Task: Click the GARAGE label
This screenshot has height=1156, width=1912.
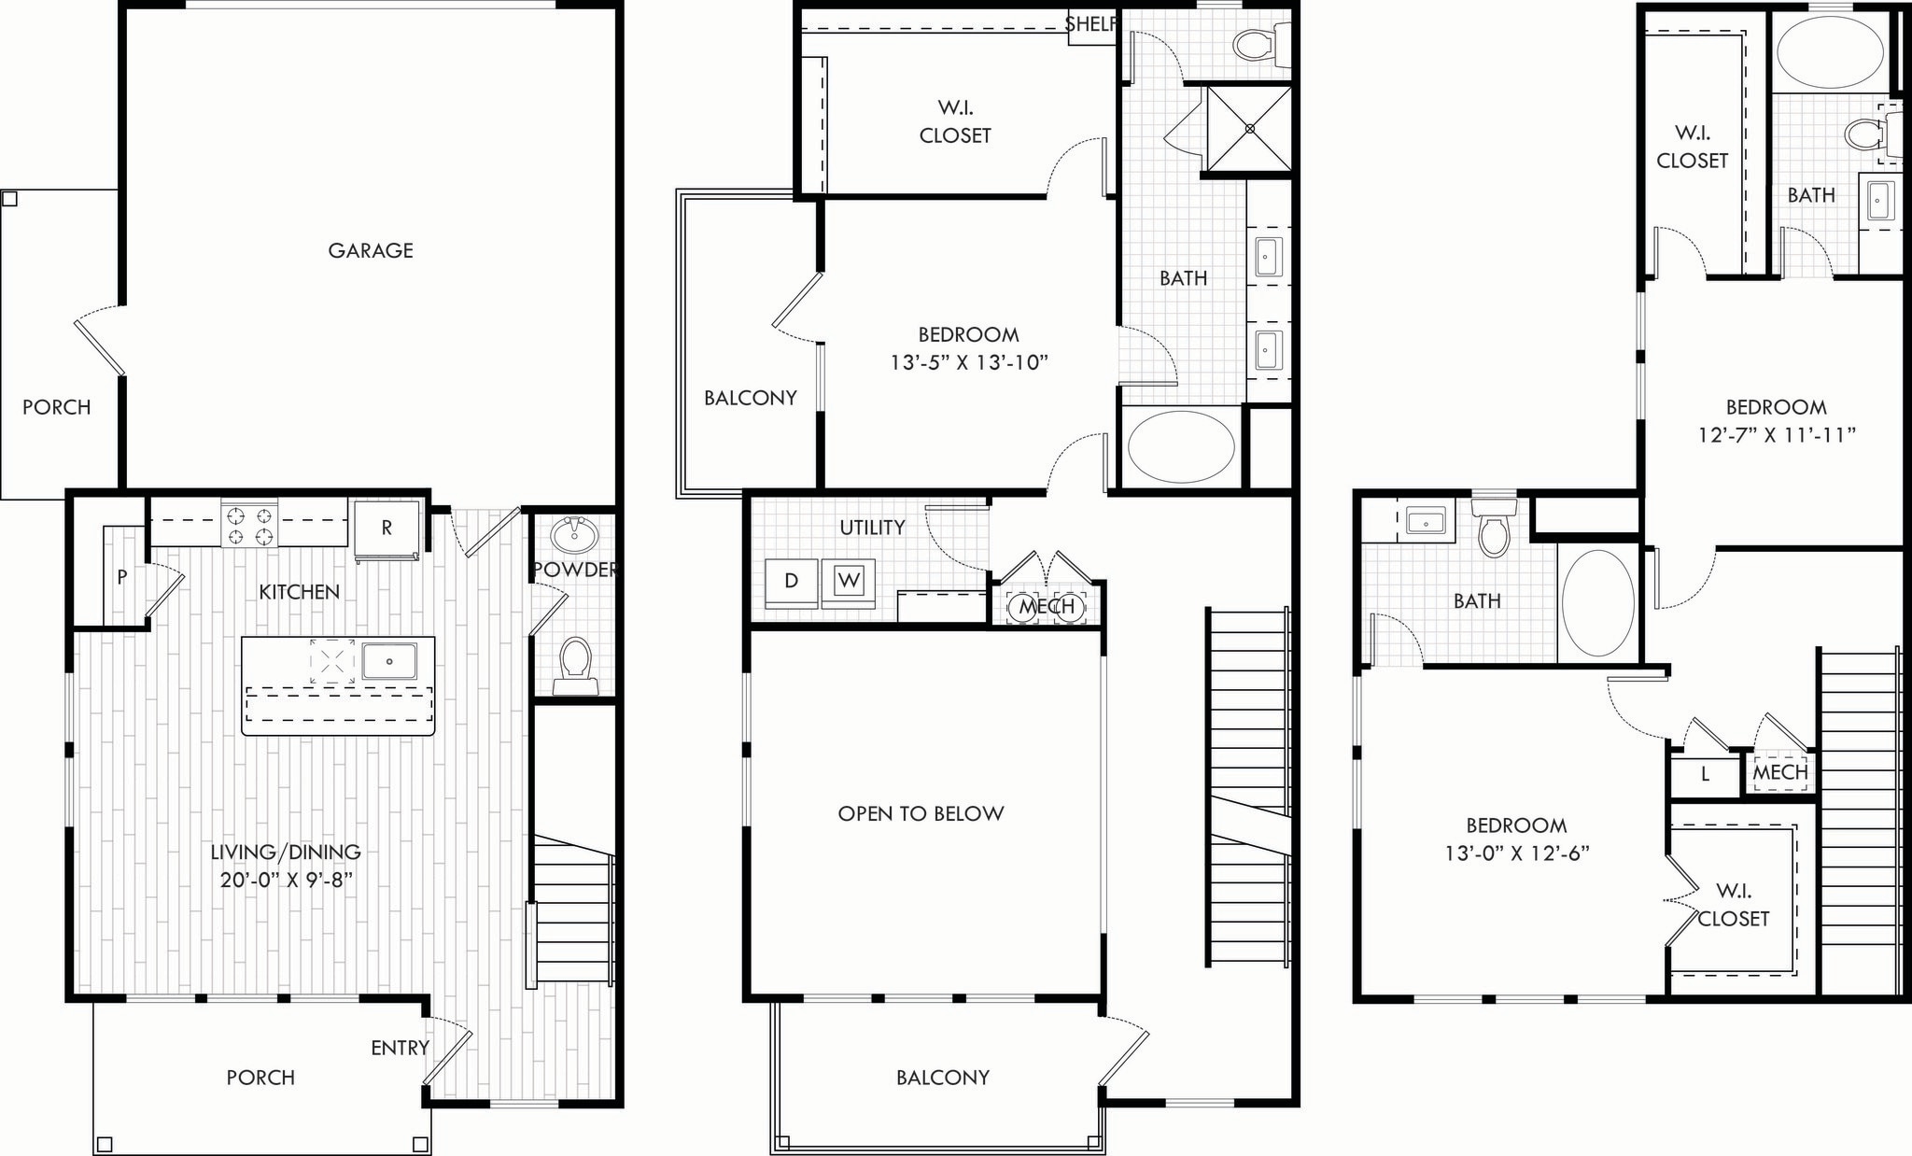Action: coord(370,250)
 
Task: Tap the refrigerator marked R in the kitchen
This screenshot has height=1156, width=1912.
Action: coord(387,529)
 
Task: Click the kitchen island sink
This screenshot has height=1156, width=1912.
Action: coord(388,661)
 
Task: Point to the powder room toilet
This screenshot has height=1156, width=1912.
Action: coord(574,664)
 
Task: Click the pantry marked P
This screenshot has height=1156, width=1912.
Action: coord(122,578)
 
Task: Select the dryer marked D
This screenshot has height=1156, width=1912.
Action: coord(791,581)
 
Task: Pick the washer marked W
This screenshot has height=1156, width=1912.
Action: coord(849,581)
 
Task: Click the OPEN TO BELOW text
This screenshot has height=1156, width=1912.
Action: coord(921,813)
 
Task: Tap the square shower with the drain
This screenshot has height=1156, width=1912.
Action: coord(1249,129)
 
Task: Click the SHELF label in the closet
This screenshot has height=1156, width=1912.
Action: coord(1090,24)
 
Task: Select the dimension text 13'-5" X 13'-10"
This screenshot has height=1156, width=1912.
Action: coord(969,362)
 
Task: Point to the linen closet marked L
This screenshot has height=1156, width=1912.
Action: coord(1705,774)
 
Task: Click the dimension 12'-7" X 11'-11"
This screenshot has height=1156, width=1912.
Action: coord(1777,434)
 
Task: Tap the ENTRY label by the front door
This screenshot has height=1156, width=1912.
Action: coord(400,1048)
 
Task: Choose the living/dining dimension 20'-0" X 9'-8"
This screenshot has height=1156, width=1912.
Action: coord(286,880)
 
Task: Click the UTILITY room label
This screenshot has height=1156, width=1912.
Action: coord(872,528)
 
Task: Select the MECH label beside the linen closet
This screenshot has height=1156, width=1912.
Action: coord(1779,772)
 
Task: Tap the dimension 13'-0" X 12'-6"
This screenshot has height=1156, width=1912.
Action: coord(1516,853)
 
